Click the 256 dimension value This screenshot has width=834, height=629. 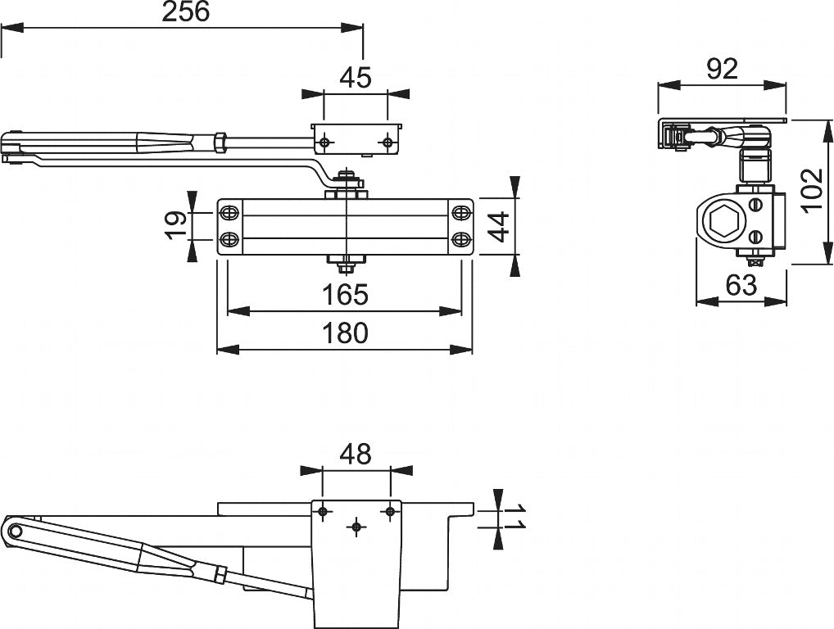(186, 11)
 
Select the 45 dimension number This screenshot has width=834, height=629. (356, 77)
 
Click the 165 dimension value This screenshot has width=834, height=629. (344, 294)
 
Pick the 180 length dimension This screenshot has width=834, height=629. (344, 333)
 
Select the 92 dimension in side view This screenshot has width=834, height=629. (721, 70)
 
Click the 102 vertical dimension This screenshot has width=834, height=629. (811, 190)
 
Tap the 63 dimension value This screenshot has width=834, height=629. (741, 285)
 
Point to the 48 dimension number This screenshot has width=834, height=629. (356, 454)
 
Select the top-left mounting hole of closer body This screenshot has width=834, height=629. (229, 213)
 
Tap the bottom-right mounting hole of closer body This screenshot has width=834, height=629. (460, 239)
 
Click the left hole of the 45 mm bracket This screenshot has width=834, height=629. (325, 143)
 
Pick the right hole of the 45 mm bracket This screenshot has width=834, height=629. (387, 143)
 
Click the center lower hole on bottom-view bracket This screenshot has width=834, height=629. (356, 527)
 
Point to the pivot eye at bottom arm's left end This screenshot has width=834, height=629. (16, 532)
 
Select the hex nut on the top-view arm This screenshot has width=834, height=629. (220, 142)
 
